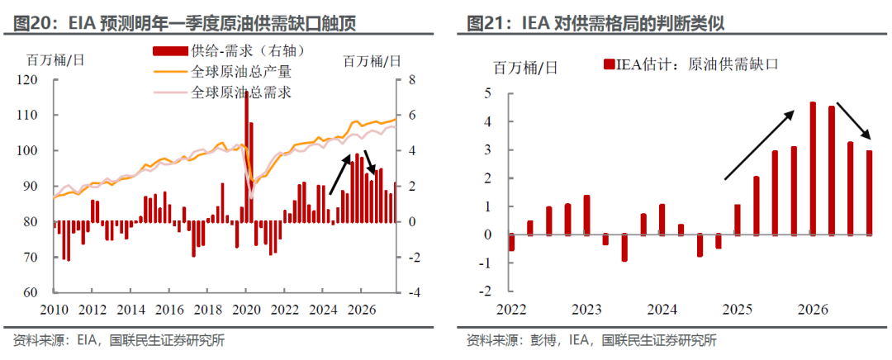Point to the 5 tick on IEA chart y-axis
tap(488, 93)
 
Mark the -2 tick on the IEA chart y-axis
tap(486, 291)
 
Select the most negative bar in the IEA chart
tap(624, 248)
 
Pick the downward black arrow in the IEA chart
tap(854, 121)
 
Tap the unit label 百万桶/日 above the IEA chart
tap(525, 67)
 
